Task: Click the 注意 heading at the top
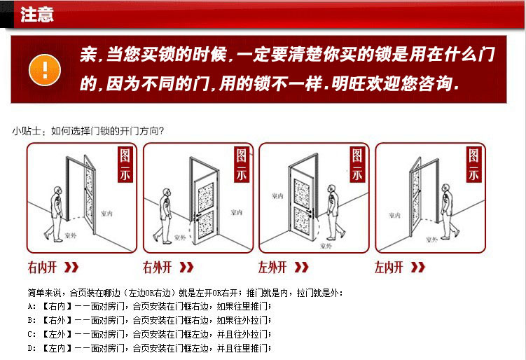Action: [37, 15]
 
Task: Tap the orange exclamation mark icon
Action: [45, 69]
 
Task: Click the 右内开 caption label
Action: [43, 267]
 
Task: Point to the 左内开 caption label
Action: [389, 267]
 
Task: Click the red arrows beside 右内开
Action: [71, 267]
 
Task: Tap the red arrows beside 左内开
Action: [417, 267]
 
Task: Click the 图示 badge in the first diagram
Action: [125, 165]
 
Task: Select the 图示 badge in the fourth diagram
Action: [474, 165]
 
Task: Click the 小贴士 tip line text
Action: [88, 130]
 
